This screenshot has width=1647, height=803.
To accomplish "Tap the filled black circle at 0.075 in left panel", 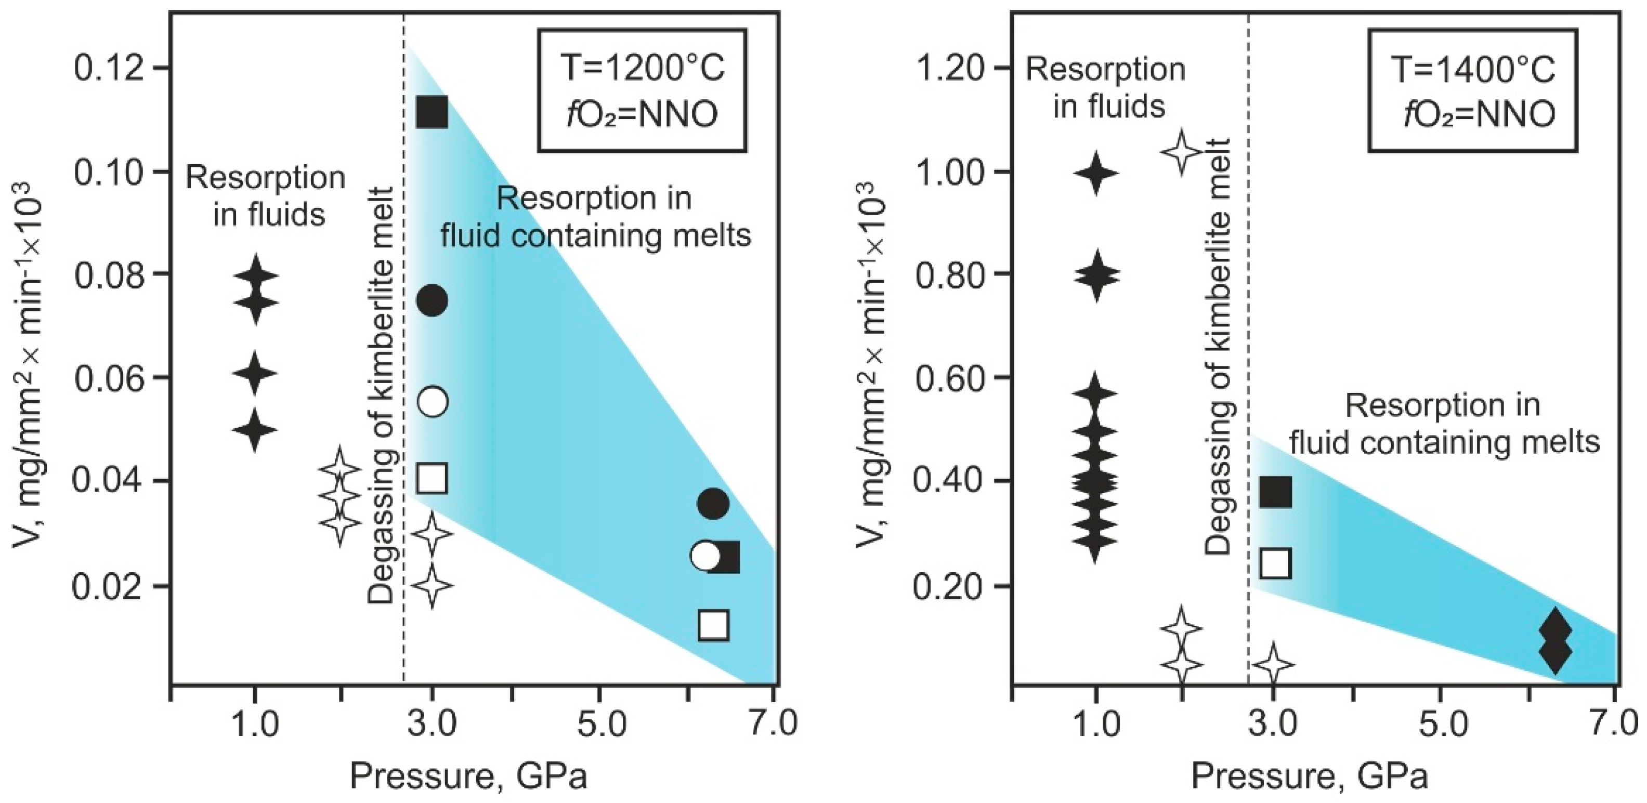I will coord(432,300).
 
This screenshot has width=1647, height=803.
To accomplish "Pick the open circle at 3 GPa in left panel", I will coord(432,401).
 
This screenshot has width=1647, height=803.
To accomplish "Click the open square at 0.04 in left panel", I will coord(432,478).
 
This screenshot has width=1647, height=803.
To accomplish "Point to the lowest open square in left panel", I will coord(713,625).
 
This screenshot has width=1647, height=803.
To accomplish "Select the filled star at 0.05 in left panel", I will coord(255,430).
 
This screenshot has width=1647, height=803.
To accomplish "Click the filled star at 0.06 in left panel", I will coord(255,373).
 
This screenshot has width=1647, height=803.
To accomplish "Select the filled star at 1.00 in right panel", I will coord(1096,173).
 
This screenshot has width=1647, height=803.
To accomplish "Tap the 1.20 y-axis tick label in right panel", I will coord(949,69).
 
